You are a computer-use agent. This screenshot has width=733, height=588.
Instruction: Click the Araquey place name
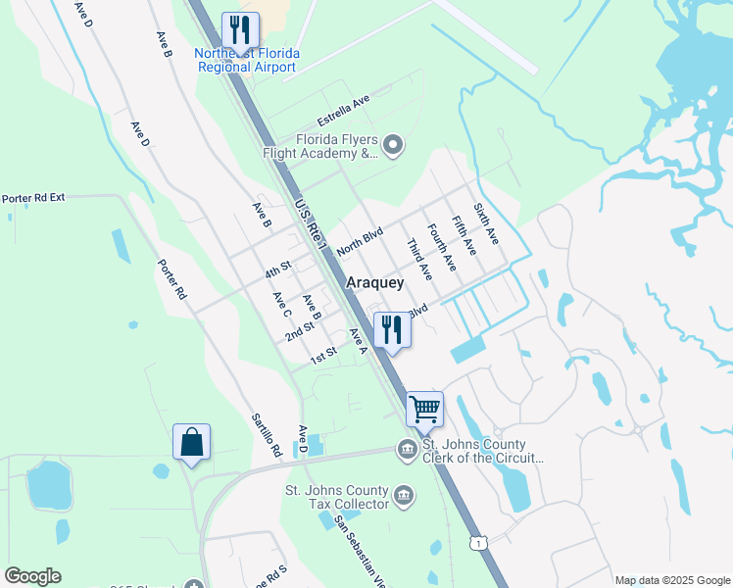(x=375, y=282)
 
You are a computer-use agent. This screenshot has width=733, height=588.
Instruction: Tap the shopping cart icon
(x=424, y=409)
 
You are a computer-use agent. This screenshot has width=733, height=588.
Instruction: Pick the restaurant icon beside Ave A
(x=392, y=329)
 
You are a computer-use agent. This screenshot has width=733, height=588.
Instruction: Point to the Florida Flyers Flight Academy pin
(x=393, y=147)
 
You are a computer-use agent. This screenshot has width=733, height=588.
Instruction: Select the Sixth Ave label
(x=486, y=224)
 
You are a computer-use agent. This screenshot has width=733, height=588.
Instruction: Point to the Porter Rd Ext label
(x=32, y=197)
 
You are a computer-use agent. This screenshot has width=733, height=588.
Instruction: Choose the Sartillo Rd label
(x=266, y=435)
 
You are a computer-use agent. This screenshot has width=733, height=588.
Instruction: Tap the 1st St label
(x=324, y=355)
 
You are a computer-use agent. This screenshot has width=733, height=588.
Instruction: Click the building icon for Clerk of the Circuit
(x=406, y=450)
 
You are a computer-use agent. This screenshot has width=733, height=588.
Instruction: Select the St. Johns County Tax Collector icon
(x=404, y=498)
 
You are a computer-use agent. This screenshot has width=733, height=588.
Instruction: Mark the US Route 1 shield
(x=477, y=542)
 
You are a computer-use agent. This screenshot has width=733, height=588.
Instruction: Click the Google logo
(x=32, y=576)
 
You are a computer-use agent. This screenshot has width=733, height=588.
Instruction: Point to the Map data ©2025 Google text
(x=671, y=580)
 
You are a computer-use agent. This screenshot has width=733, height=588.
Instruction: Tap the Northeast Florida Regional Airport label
(x=246, y=61)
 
